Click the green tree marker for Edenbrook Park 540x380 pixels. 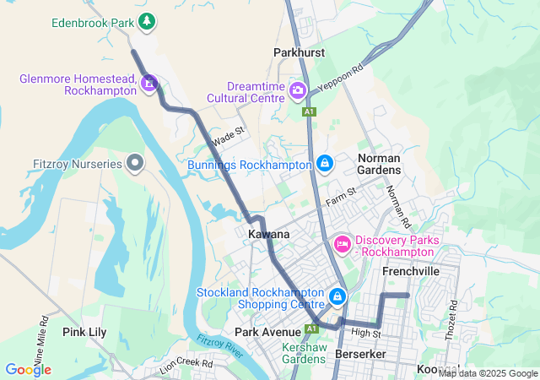148,21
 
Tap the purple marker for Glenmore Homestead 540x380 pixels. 149,82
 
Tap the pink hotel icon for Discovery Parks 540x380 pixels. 342,244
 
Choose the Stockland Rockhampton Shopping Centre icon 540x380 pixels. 337,296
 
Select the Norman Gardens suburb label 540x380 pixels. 379,164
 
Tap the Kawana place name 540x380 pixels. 269,234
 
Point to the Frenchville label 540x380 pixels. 411,272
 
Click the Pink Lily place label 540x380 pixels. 84,332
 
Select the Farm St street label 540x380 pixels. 341,198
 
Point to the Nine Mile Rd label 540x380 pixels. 41,335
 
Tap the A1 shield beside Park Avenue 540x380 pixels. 311,328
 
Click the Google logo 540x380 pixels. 28,369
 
